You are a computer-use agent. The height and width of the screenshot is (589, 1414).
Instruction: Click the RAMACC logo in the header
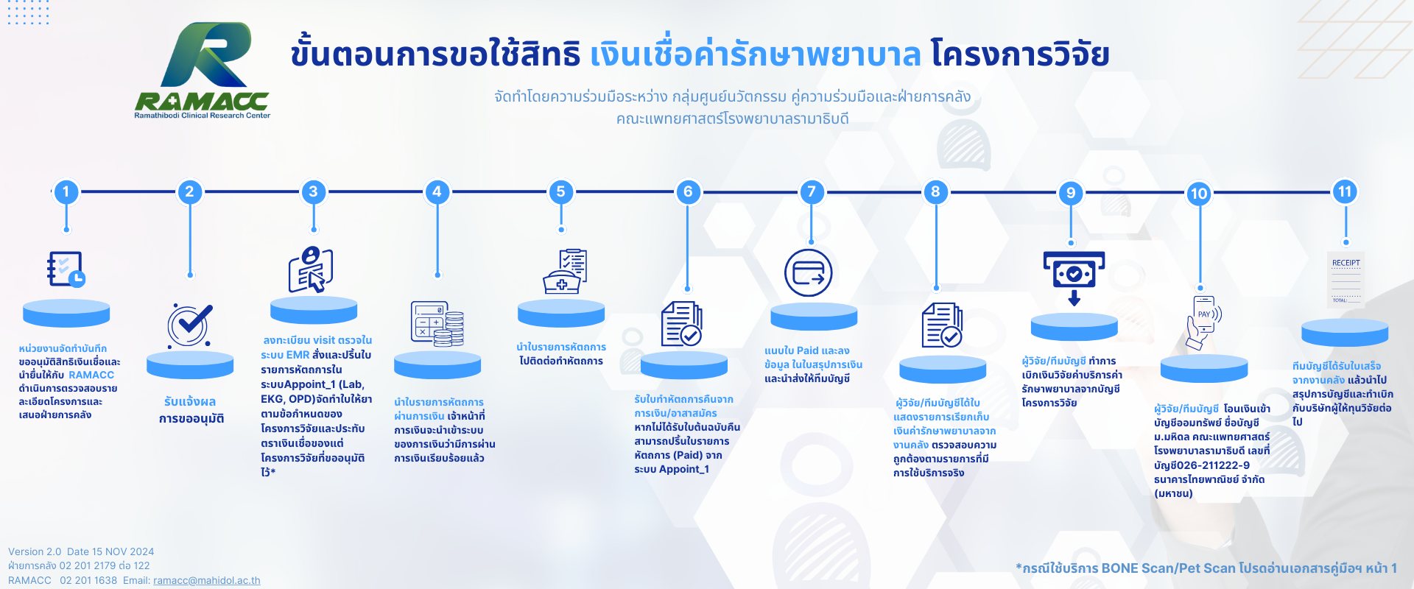203,71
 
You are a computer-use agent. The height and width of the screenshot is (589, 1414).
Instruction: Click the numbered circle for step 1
66,192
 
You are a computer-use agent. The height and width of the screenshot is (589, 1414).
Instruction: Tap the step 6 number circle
688,192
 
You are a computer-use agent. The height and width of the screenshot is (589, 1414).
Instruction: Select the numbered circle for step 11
1345,192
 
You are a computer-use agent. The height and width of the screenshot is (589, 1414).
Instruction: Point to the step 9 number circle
1071,193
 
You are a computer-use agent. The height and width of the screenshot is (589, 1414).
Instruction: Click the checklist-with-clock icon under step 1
66,269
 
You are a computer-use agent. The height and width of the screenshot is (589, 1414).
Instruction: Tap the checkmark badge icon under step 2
190,325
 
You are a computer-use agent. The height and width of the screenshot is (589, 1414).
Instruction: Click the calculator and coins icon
437,324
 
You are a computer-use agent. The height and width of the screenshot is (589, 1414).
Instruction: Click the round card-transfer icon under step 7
809,272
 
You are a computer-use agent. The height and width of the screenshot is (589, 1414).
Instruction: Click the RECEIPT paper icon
1346,282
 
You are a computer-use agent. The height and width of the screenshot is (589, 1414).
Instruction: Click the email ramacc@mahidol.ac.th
207,580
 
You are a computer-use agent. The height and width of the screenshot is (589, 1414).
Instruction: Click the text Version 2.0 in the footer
35,551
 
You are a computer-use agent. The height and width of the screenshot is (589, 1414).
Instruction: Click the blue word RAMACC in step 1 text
91,375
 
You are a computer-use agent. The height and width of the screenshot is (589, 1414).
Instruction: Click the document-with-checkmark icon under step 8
942,325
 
